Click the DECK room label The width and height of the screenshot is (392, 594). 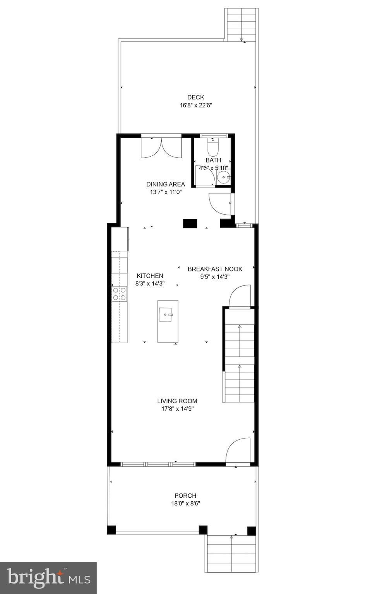(195, 97)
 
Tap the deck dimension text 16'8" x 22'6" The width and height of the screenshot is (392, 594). (196, 105)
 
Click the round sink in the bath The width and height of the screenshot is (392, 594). (223, 177)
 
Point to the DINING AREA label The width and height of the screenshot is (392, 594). (166, 184)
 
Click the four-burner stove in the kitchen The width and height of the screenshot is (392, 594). (120, 294)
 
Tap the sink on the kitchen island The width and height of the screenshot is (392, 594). (166, 314)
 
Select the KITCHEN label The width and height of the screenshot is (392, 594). (150, 275)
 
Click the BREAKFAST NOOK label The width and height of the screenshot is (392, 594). (215, 269)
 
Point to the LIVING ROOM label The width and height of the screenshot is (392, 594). (177, 401)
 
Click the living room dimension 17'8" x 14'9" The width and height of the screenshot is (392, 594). (178, 409)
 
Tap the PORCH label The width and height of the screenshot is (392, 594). (185, 496)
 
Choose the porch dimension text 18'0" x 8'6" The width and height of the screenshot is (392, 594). (185, 503)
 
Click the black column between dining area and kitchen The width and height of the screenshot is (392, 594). (190, 223)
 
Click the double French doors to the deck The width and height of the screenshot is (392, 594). (161, 148)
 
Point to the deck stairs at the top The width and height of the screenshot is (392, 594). (241, 25)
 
